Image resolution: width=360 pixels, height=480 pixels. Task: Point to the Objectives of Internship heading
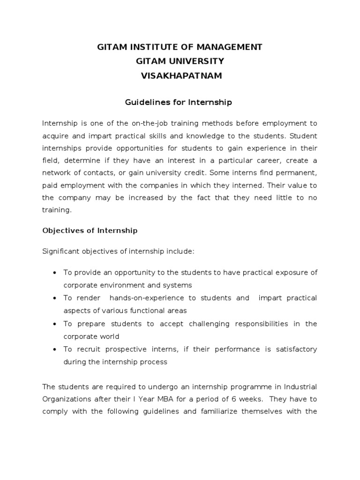coord(90,231)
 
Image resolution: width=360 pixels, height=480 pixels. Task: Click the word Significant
coord(60,252)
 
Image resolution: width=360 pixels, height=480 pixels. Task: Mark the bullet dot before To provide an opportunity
coord(55,273)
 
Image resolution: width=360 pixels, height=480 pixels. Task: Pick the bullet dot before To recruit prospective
coord(55,350)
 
